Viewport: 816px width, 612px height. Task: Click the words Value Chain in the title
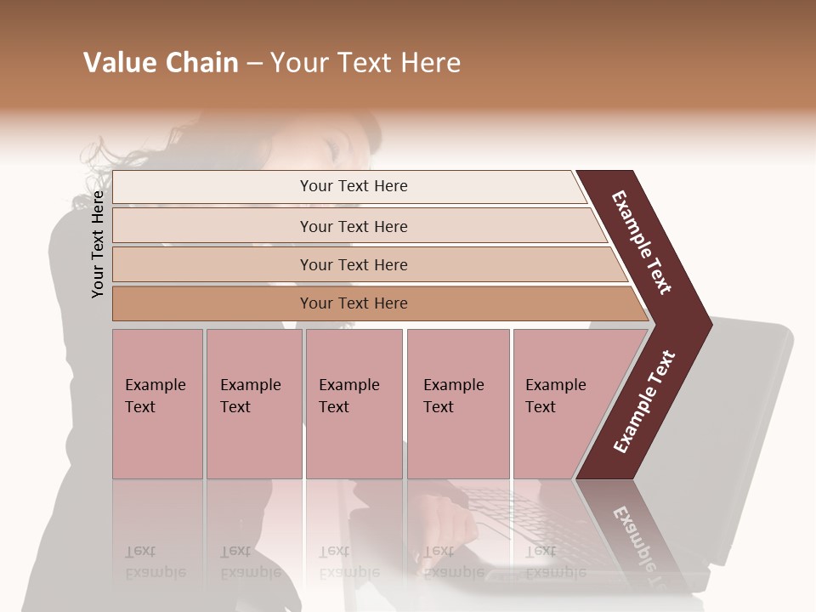click(161, 63)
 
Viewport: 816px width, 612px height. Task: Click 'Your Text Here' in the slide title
click(365, 63)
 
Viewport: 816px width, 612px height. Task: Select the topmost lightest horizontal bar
click(353, 186)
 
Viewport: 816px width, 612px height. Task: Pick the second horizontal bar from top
click(353, 226)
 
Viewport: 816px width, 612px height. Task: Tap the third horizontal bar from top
click(353, 264)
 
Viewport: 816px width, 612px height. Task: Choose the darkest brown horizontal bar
click(353, 303)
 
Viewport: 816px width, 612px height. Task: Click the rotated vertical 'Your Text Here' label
click(98, 244)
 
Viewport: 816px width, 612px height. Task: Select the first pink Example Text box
click(157, 404)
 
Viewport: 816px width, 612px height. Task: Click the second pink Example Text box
click(253, 404)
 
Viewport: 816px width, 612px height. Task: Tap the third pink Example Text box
click(354, 404)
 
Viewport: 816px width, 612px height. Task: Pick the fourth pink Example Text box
click(457, 404)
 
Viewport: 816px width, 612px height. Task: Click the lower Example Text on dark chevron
click(643, 402)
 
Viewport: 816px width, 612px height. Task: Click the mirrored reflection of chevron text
click(633, 535)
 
